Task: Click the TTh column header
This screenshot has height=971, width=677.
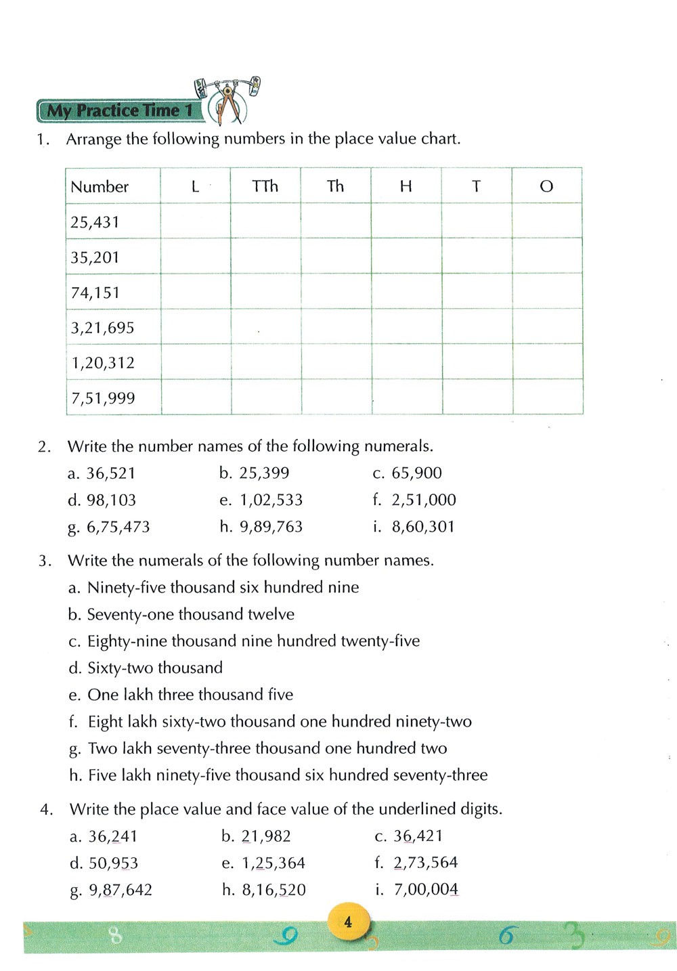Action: [x=265, y=186]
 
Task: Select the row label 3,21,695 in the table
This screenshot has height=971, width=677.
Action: [x=103, y=328]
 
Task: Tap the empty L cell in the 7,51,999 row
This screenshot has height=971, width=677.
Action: [x=196, y=397]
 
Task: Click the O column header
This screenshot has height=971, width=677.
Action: [x=546, y=186]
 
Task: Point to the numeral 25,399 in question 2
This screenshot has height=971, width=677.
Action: [x=264, y=473]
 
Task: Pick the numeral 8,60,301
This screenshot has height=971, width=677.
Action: [x=423, y=527]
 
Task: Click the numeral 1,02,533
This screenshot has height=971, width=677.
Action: [x=271, y=500]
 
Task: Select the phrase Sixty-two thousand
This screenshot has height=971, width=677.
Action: [x=155, y=668]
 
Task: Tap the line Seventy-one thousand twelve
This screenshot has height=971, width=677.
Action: [x=191, y=615]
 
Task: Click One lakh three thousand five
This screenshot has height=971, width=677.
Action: [x=190, y=695]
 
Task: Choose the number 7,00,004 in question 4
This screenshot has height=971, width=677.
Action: [x=426, y=889]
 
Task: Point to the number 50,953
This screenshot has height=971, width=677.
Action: [x=113, y=863]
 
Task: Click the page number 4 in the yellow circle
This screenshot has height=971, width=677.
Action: [x=348, y=922]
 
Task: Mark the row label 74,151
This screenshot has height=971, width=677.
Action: [x=95, y=293]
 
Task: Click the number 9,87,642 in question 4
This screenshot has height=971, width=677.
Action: [x=121, y=890]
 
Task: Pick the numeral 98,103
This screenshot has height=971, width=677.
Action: [x=111, y=500]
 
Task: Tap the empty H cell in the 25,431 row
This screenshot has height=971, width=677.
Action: [x=406, y=221]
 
